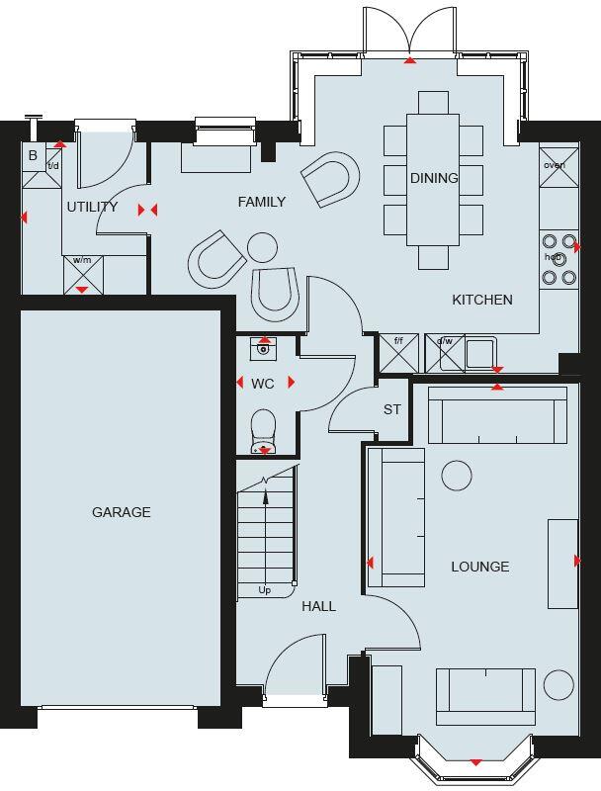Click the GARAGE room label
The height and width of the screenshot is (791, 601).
[122, 512]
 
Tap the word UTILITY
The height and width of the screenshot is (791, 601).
[92, 207]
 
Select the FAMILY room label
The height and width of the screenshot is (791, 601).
[262, 202]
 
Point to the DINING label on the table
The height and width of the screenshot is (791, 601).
[434, 178]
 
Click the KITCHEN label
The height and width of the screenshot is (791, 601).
[482, 300]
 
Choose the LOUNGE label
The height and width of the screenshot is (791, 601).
[480, 567]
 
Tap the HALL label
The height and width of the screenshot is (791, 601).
[318, 606]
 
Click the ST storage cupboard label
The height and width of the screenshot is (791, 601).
[391, 409]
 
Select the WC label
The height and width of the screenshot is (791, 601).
[262, 383]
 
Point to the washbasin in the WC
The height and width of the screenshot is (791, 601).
[263, 348]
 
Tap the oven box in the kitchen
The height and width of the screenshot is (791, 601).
[554, 166]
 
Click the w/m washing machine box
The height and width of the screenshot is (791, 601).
[82, 274]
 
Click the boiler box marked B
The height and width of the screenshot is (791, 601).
[33, 156]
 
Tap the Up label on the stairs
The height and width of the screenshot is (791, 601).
[265, 590]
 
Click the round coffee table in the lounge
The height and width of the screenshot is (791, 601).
[457, 476]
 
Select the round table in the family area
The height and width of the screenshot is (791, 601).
[263, 245]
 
